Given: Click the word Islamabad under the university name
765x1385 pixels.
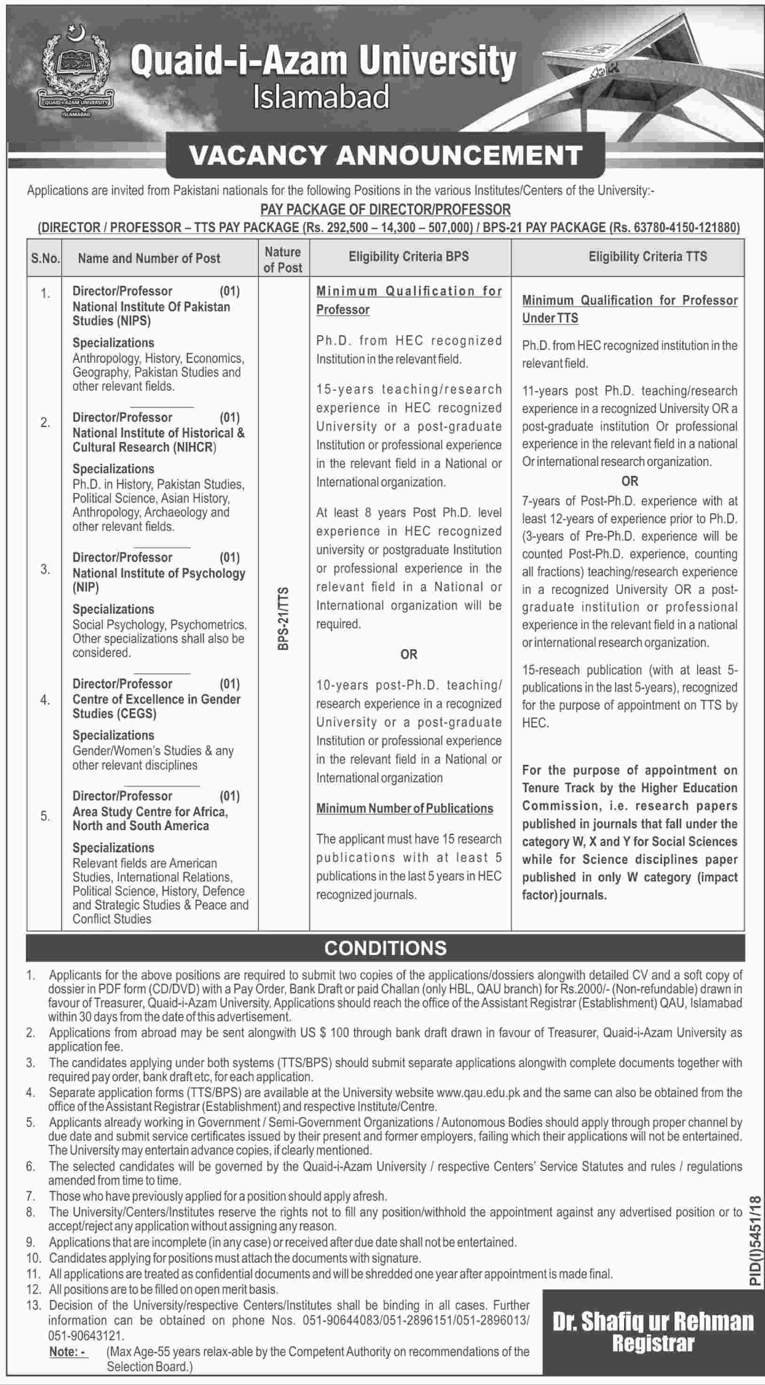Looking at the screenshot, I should click(321, 98).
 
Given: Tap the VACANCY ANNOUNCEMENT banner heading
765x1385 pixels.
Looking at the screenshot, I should click(386, 156).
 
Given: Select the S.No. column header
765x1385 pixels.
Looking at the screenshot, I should click(45, 258).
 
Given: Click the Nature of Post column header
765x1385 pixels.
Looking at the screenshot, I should click(283, 259).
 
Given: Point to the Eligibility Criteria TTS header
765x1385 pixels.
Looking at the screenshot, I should click(647, 257).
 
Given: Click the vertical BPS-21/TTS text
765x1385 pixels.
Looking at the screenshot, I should click(283, 618).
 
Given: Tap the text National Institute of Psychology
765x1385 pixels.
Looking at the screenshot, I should click(159, 573).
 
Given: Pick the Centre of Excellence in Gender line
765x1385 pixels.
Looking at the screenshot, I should click(156, 699).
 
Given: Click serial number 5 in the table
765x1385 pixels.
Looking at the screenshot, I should click(45, 816).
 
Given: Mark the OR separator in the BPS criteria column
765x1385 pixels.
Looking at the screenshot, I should click(409, 654).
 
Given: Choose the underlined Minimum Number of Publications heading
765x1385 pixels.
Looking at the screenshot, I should click(404, 808).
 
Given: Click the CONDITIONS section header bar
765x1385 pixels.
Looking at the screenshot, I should click(386, 947).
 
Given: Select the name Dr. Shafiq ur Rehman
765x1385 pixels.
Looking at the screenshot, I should click(653, 1322).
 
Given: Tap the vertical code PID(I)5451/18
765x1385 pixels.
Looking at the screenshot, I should click(755, 1242).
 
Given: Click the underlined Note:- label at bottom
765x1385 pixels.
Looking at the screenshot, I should click(68, 1351).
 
